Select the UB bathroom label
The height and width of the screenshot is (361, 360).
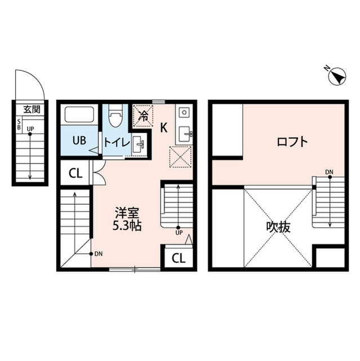(x=78, y=142)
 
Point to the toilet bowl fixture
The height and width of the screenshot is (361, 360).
(x=116, y=117)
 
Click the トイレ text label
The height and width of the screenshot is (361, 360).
(x=117, y=143)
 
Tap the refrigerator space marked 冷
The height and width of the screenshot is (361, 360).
(x=144, y=117)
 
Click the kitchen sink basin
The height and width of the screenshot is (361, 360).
(x=185, y=134)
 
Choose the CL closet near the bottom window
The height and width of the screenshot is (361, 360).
(x=177, y=258)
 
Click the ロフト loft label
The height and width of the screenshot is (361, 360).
(x=292, y=142)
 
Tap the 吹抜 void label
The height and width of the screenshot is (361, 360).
(x=278, y=227)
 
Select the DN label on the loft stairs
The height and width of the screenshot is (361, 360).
(x=328, y=171)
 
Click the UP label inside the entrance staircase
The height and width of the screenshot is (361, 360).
(x=30, y=129)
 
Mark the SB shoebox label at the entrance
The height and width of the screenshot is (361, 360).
(x=19, y=124)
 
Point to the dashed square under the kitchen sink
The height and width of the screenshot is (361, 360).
(x=181, y=157)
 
